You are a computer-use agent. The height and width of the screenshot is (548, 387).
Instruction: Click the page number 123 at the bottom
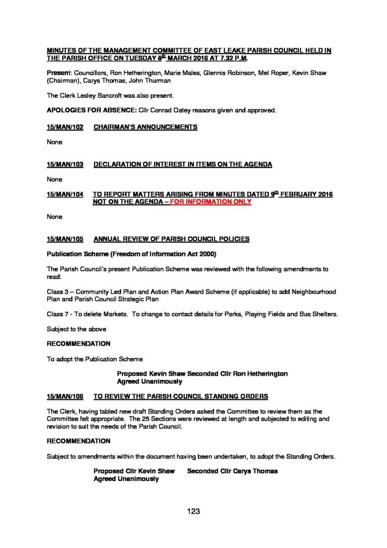click(193, 511)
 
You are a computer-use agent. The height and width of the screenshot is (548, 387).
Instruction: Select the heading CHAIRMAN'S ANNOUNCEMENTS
click(145, 127)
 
